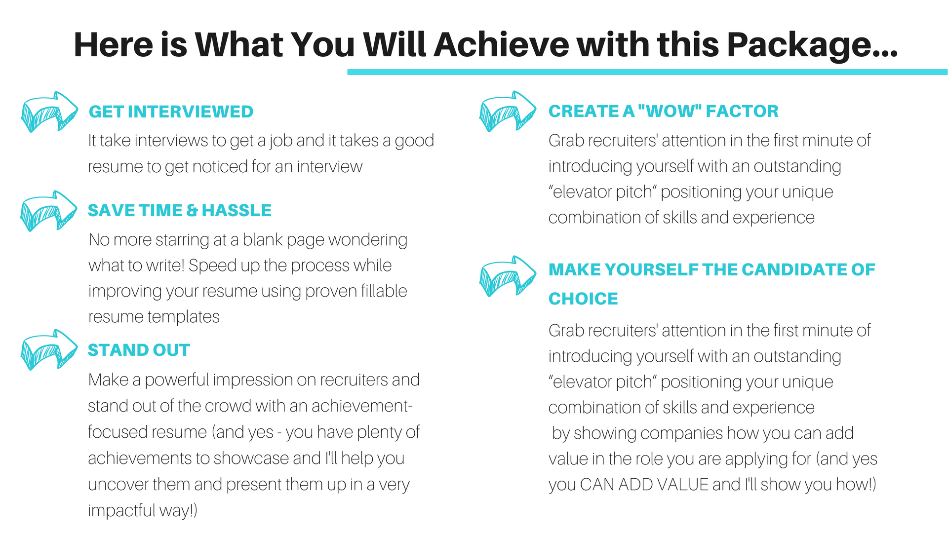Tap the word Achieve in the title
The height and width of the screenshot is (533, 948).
pyautogui.click(x=502, y=44)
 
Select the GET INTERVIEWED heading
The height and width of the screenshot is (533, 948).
pyautogui.click(x=171, y=112)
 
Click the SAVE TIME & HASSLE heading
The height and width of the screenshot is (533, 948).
pyautogui.click(x=180, y=210)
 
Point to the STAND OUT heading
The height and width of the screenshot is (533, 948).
pyautogui.click(x=139, y=350)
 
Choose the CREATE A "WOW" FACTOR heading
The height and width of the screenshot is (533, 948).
pyautogui.click(x=663, y=111)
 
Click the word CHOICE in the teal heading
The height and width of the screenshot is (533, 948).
pyautogui.click(x=583, y=299)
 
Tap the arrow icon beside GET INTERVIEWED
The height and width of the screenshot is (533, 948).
pyautogui.click(x=49, y=112)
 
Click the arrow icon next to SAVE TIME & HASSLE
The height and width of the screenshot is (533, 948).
pyautogui.click(x=48, y=211)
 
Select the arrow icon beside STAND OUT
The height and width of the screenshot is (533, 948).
pyautogui.click(x=49, y=349)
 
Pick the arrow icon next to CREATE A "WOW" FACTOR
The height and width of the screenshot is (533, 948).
pyautogui.click(x=508, y=111)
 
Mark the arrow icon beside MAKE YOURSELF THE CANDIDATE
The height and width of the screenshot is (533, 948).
pyautogui.click(x=508, y=276)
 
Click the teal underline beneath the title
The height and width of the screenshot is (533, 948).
pyautogui.click(x=647, y=72)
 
